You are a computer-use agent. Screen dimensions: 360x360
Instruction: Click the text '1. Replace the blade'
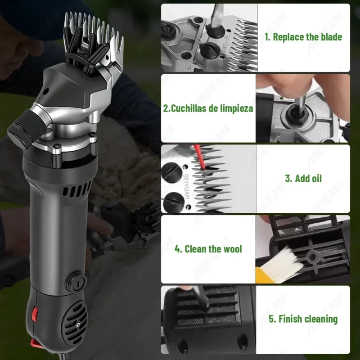303,37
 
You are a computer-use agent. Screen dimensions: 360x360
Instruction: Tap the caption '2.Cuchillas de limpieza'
208,108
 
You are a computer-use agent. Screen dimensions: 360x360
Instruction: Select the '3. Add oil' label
303,178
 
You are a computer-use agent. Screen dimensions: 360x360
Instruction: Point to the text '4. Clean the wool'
208,249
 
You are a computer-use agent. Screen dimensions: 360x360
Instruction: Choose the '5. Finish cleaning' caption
303,319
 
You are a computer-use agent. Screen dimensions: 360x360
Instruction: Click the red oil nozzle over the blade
199,157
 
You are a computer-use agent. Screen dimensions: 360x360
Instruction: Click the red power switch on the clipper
35,314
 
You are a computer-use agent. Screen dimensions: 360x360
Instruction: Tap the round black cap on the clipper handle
76,282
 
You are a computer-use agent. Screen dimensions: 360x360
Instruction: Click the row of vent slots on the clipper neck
77,189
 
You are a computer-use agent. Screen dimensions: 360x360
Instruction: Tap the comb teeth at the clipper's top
93,35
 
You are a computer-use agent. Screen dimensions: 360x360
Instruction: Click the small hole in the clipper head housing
45,91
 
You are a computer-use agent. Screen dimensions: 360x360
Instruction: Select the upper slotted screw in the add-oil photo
171,173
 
